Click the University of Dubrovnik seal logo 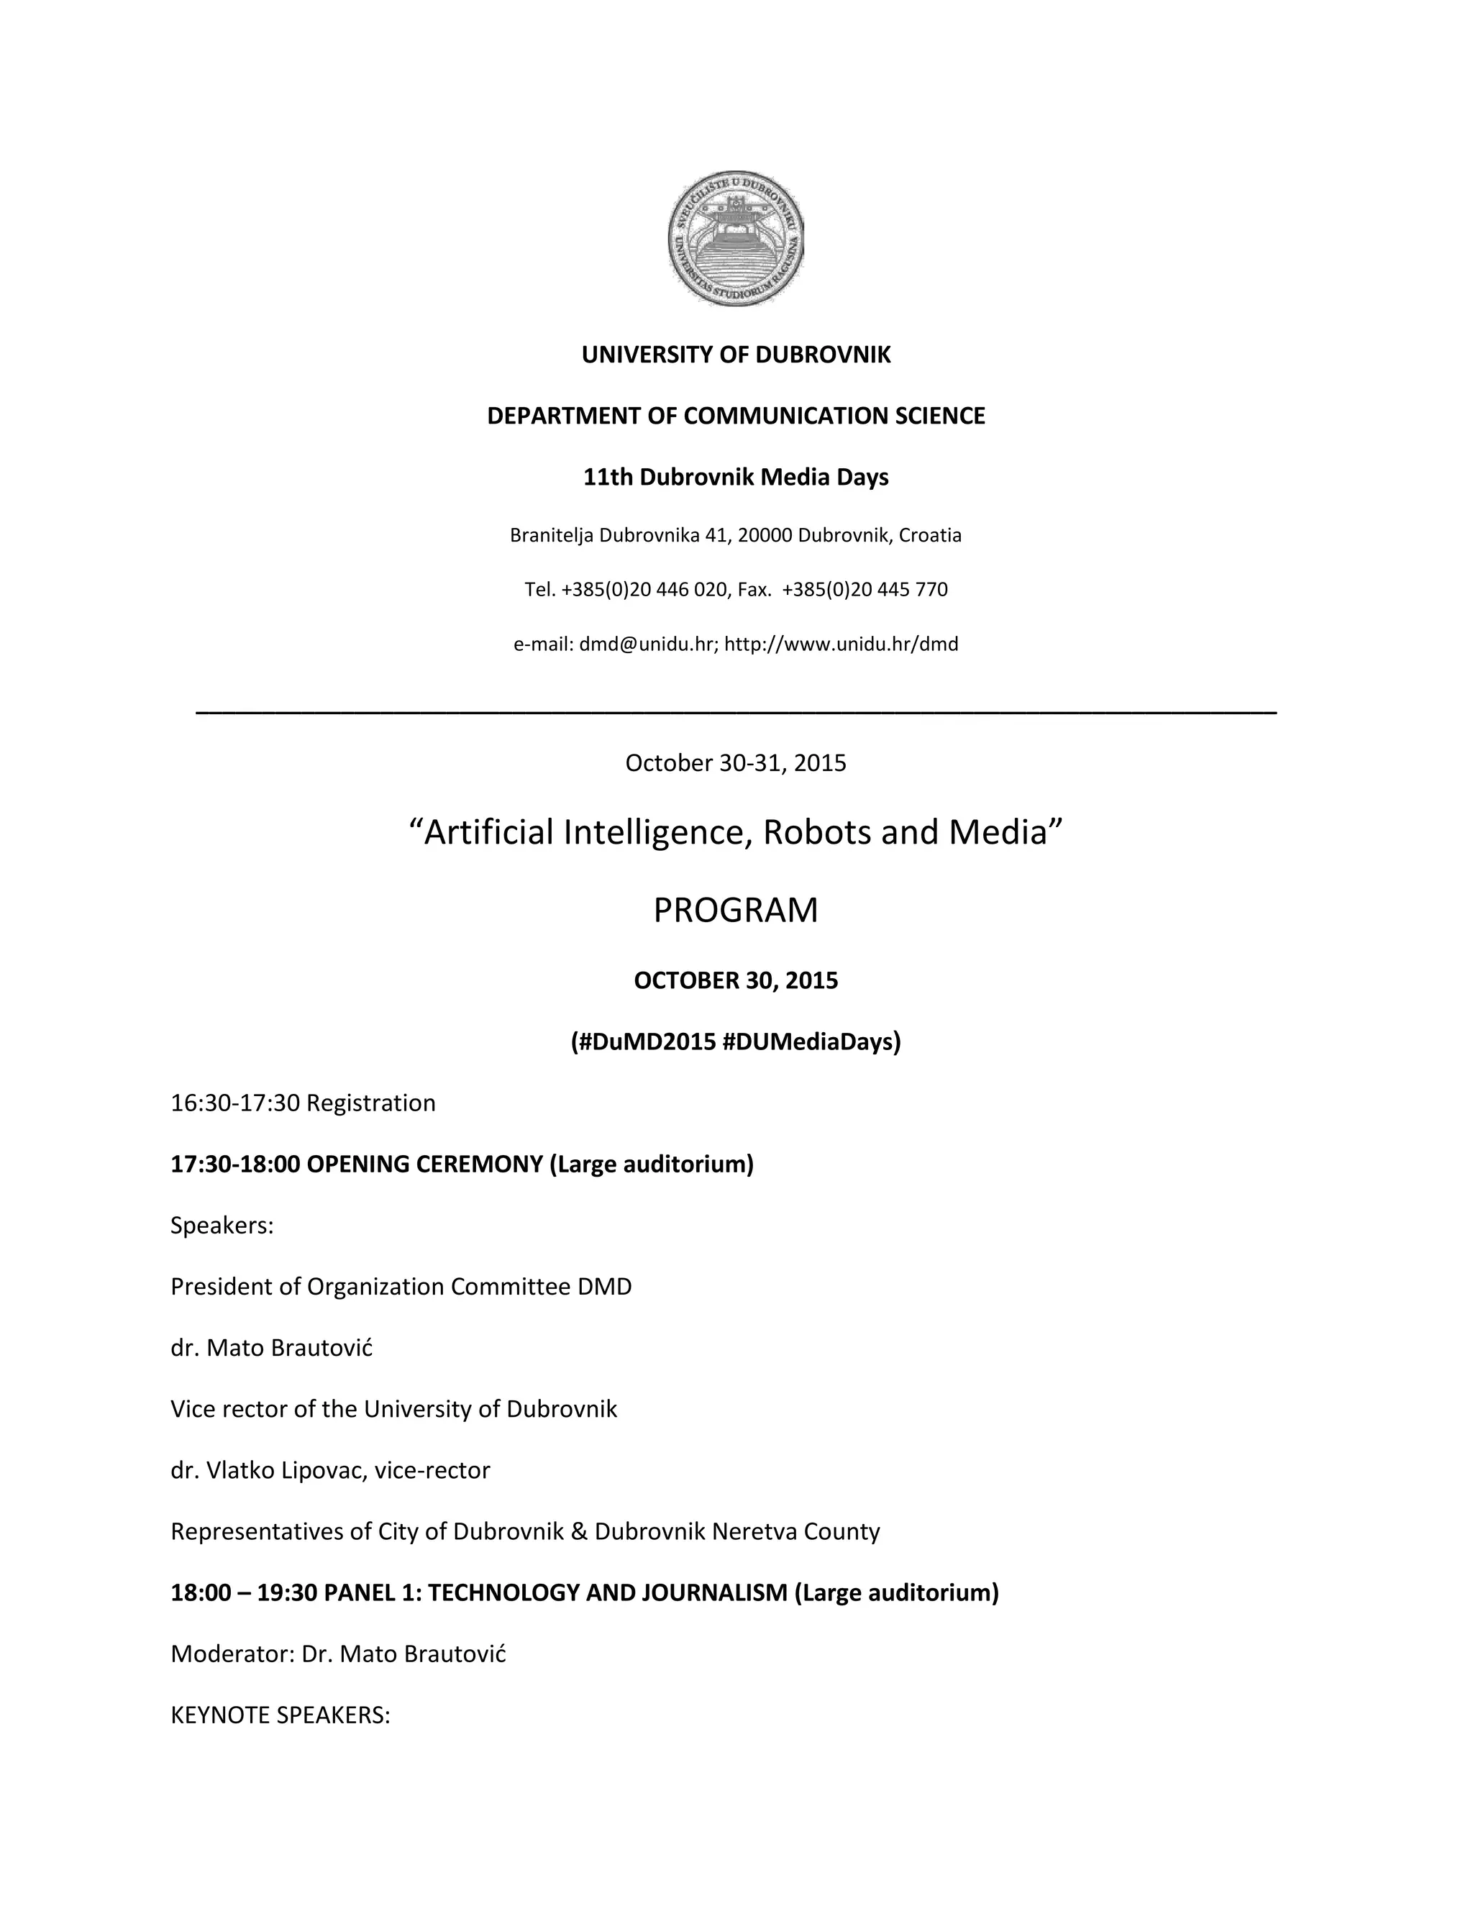pos(736,238)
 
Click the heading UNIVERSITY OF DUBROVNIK pos(736,355)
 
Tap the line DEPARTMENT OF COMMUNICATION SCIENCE pos(736,416)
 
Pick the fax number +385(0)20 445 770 pos(865,590)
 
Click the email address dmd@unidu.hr pos(647,644)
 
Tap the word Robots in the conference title pos(818,833)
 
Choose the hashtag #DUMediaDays pos(811,1042)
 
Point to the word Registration pos(371,1103)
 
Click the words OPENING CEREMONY pos(425,1164)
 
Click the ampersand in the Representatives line pos(580,1531)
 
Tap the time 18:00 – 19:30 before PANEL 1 pos(244,1592)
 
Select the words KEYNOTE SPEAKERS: pos(280,1715)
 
